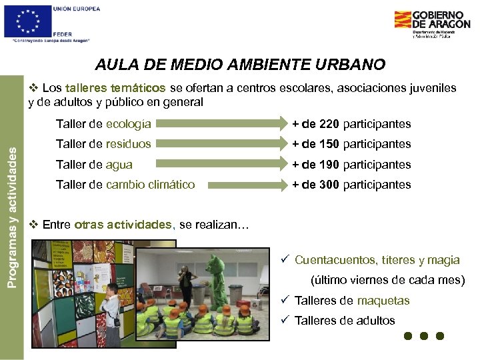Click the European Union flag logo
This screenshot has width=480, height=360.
pos(27,21)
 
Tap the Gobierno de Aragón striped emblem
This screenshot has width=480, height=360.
pos(402,19)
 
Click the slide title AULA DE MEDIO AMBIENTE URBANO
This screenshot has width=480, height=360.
pos(240,65)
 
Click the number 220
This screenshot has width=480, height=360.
pos(329,124)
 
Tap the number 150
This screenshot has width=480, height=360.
pos(329,144)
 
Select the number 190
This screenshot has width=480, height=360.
pos(329,165)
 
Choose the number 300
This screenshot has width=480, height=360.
pos(329,185)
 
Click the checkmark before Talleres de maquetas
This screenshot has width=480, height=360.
pos(283,300)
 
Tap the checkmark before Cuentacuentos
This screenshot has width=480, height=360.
pos(283,259)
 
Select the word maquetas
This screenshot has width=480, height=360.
pos(383,301)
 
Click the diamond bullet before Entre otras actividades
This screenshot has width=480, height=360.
pos(33,225)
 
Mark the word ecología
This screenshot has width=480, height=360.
pos(129,124)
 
